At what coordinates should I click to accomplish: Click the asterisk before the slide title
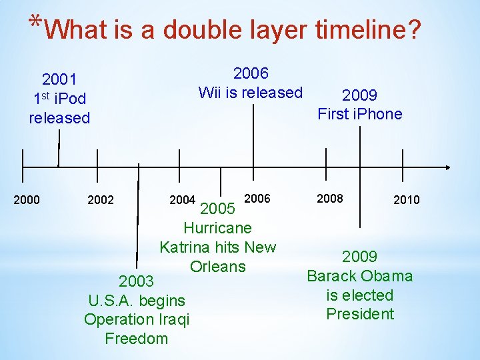tap(35, 21)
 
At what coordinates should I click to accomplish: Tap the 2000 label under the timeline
tap(27, 199)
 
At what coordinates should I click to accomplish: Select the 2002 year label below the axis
tap(101, 199)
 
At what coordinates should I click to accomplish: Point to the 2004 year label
tap(182, 199)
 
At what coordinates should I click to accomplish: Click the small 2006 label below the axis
tap(258, 198)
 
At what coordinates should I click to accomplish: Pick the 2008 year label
tap(330, 198)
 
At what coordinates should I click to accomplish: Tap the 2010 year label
tap(407, 199)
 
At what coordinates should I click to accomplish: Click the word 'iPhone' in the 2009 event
tap(378, 114)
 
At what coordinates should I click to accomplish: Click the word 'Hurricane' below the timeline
tap(217, 228)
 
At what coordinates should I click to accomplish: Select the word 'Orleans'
tap(217, 267)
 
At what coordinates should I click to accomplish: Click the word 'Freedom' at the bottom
tap(137, 339)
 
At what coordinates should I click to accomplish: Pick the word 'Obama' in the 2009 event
tap(389, 276)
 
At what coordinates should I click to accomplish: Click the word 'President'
tap(360, 314)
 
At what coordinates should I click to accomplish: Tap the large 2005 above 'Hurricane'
tap(217, 209)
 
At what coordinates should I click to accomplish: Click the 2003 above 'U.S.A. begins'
tap(136, 281)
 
